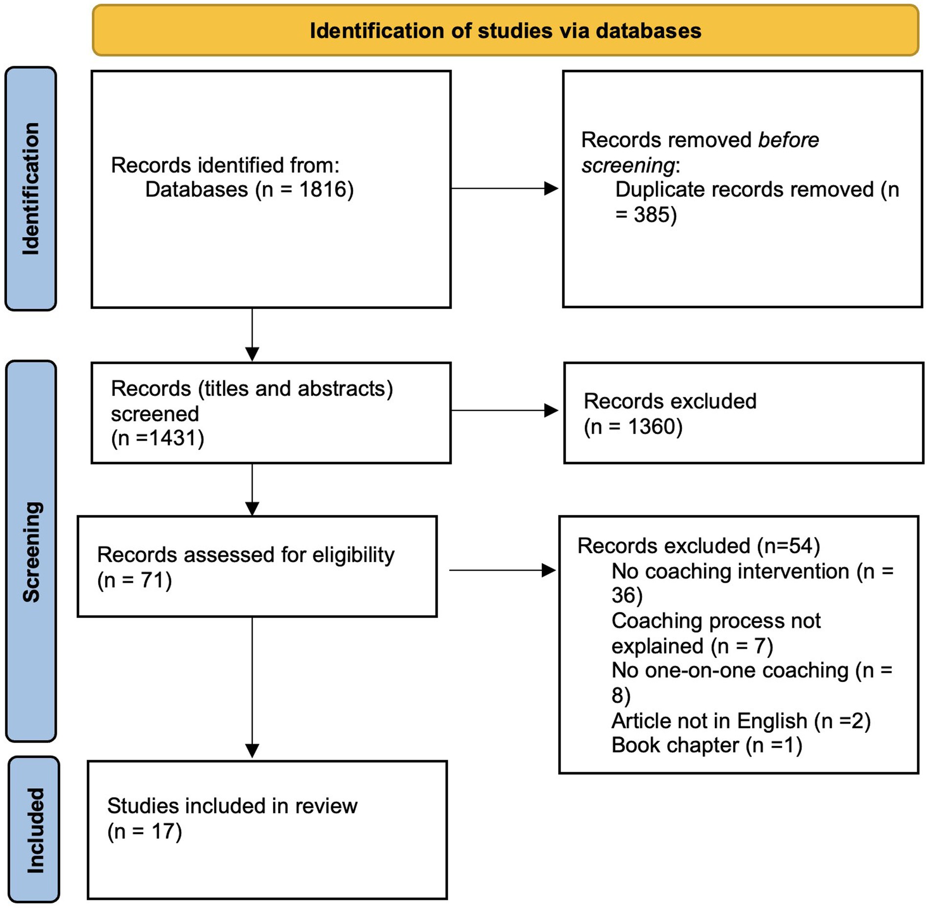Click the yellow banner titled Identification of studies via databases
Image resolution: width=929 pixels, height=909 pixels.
505,30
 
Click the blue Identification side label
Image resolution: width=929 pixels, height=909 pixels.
31,188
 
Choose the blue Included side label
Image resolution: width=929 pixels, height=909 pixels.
34,829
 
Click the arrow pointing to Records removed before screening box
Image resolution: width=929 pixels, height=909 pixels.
504,188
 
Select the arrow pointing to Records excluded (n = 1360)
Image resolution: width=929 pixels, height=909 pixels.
504,410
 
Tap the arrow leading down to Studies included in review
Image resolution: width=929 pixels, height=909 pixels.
252,687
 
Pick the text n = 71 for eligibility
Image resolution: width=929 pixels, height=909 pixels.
134,580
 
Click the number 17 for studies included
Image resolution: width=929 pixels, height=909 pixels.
163,831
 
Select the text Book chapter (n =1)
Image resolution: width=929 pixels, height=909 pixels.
707,745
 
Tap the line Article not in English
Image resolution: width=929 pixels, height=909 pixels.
741,721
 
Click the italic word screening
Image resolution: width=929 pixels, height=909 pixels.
628,165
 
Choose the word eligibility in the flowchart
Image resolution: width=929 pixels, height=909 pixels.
353,555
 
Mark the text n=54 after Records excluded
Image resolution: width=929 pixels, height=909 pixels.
788,546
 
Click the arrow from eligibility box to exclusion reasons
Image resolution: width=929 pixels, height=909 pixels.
502,570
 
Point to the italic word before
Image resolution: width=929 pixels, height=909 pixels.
788,140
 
